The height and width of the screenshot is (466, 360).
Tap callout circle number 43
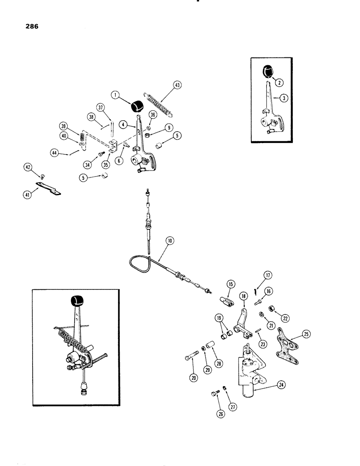click(x=164, y=85)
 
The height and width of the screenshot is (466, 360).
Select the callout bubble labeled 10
click(x=169, y=241)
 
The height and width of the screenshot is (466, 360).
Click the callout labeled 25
click(x=306, y=334)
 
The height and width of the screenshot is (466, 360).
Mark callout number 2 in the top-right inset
click(x=279, y=82)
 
